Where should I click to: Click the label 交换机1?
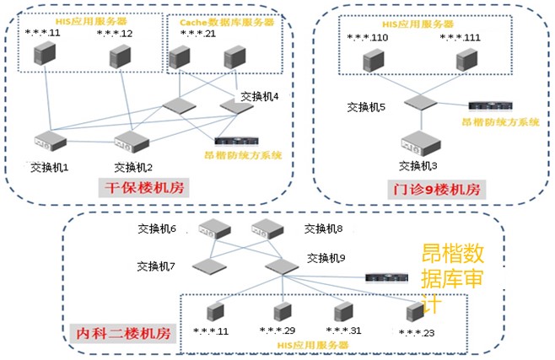tap(48, 166)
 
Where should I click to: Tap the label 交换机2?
tap(132, 166)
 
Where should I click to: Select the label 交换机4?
tap(259, 96)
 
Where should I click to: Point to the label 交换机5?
tap(365, 108)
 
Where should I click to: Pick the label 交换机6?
tap(157, 228)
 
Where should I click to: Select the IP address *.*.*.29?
tap(277, 330)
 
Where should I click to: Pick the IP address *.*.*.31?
tap(343, 330)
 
